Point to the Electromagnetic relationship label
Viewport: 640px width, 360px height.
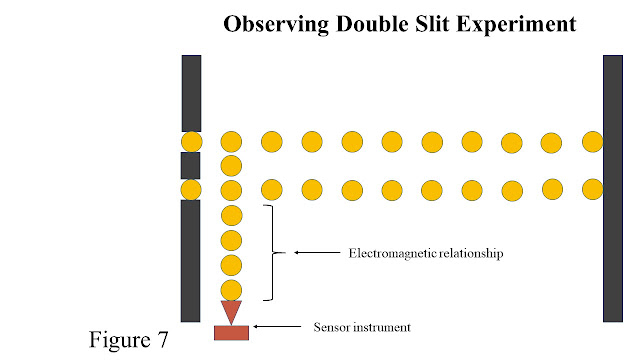pyautogui.click(x=424, y=255)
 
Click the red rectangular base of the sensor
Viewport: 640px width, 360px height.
pyautogui.click(x=231, y=332)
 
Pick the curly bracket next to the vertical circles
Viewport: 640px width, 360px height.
pyautogui.click(x=269, y=253)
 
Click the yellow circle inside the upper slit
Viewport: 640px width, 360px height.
pyautogui.click(x=191, y=141)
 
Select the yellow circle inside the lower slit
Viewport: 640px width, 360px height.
pyautogui.click(x=191, y=189)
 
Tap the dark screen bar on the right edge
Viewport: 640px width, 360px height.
pyautogui.click(x=613, y=188)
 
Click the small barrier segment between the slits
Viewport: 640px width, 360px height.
pyautogui.click(x=191, y=165)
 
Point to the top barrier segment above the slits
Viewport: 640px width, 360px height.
pyautogui.click(x=191, y=92)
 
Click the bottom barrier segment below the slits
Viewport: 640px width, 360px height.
pyautogui.click(x=191, y=260)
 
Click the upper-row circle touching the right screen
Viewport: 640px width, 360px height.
pyautogui.click(x=592, y=141)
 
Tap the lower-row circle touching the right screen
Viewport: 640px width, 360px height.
pyautogui.click(x=592, y=188)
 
